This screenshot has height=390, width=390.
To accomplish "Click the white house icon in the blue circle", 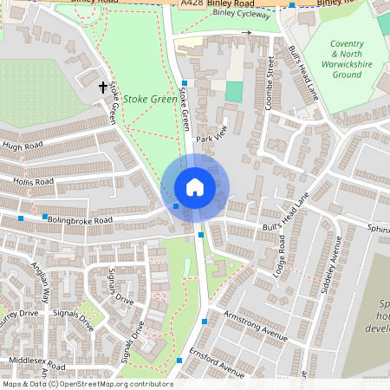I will point(194,186).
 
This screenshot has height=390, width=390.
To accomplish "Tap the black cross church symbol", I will point(103,87).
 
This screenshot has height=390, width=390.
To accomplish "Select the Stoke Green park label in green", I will point(150,100).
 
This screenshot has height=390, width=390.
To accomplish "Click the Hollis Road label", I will point(33,183).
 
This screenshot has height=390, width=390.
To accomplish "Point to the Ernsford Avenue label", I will point(219,365).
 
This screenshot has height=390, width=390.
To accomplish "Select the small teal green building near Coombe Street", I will point(234,91).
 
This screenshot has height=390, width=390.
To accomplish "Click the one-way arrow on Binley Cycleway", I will point(246,33).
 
